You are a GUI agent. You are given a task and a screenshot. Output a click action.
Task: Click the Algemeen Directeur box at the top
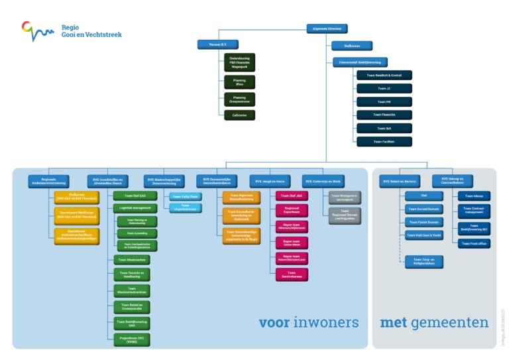(x=327, y=29)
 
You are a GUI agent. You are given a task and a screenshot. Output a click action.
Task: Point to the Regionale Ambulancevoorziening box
(x=48, y=181)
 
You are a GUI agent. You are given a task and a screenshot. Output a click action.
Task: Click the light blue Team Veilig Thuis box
(x=185, y=196)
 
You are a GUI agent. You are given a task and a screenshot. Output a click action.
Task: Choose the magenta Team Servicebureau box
(x=292, y=274)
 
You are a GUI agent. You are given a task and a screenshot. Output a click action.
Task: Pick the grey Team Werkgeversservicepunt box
(x=345, y=197)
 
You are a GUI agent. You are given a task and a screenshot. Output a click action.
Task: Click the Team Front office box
(x=474, y=243)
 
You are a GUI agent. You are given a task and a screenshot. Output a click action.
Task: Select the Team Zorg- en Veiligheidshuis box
(x=424, y=262)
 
